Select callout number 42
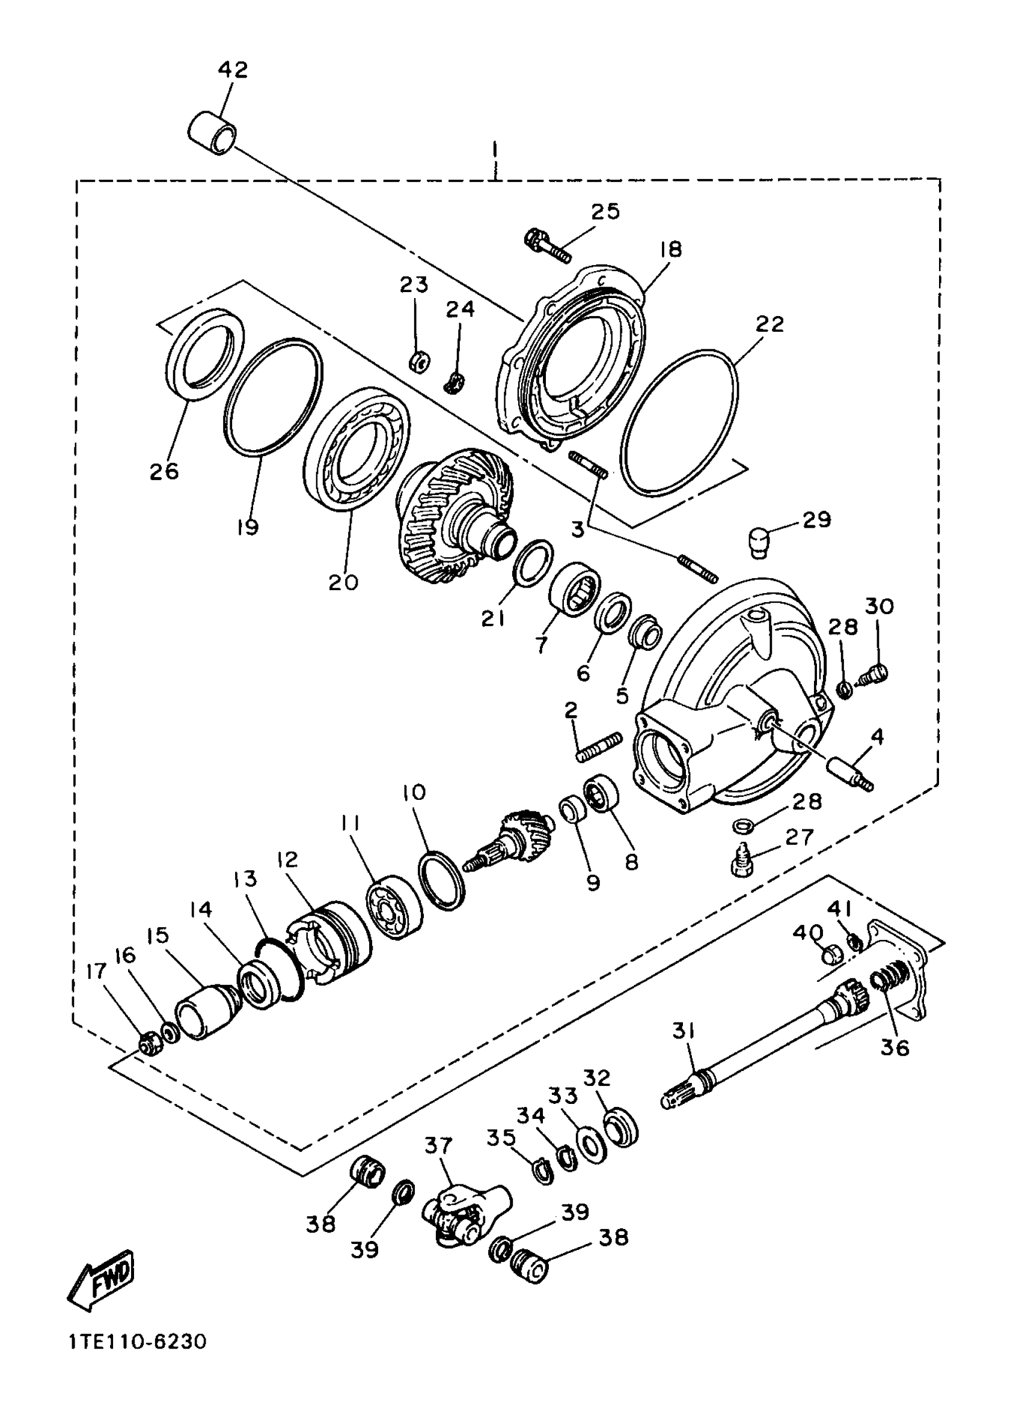(x=233, y=69)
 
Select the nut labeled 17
(x=148, y=1043)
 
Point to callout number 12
(x=288, y=859)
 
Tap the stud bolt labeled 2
(x=599, y=748)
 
